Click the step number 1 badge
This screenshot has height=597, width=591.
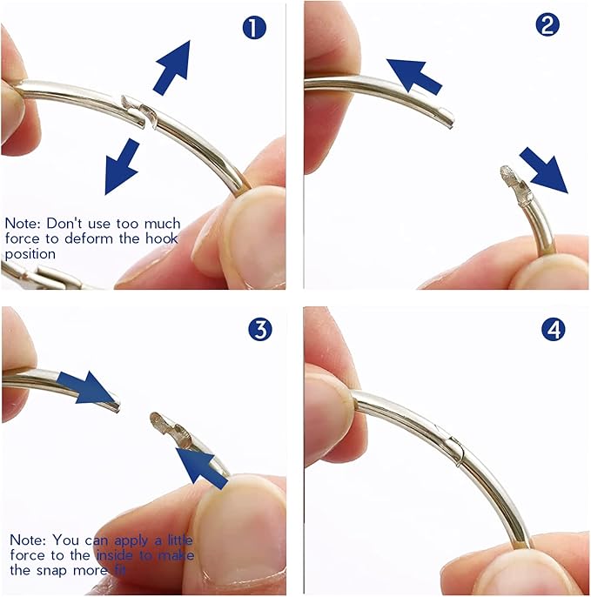click(254, 28)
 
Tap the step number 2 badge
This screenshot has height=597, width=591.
click(547, 24)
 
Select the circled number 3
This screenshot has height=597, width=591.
click(260, 329)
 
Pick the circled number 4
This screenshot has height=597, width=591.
click(554, 329)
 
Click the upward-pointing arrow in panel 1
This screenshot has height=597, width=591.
click(173, 67)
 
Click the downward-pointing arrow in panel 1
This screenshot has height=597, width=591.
click(122, 166)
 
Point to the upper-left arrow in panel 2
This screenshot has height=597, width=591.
click(414, 76)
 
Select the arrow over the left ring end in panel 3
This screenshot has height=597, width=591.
click(86, 387)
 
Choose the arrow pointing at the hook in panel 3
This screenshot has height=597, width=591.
click(202, 467)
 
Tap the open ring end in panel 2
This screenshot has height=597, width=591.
click(448, 117)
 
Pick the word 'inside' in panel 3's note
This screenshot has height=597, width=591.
click(115, 555)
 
